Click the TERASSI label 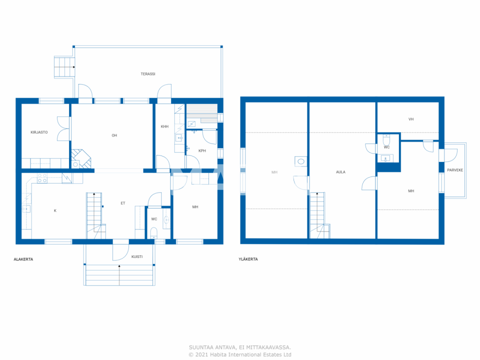(148, 74)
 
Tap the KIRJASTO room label (39, 132)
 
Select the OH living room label (114, 135)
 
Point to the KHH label (165, 127)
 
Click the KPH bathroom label (202, 151)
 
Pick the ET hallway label (123, 203)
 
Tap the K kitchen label (55, 211)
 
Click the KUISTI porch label (137, 257)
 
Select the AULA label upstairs (340, 172)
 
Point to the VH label (411, 119)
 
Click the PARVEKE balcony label (455, 170)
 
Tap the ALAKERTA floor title (23, 259)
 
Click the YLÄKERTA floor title (248, 259)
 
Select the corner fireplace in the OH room (81, 159)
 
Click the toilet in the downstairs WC (154, 232)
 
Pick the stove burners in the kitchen (42, 178)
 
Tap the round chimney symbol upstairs (301, 162)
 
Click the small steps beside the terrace (64, 67)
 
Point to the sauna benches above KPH (202, 113)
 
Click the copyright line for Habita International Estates (240, 355)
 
